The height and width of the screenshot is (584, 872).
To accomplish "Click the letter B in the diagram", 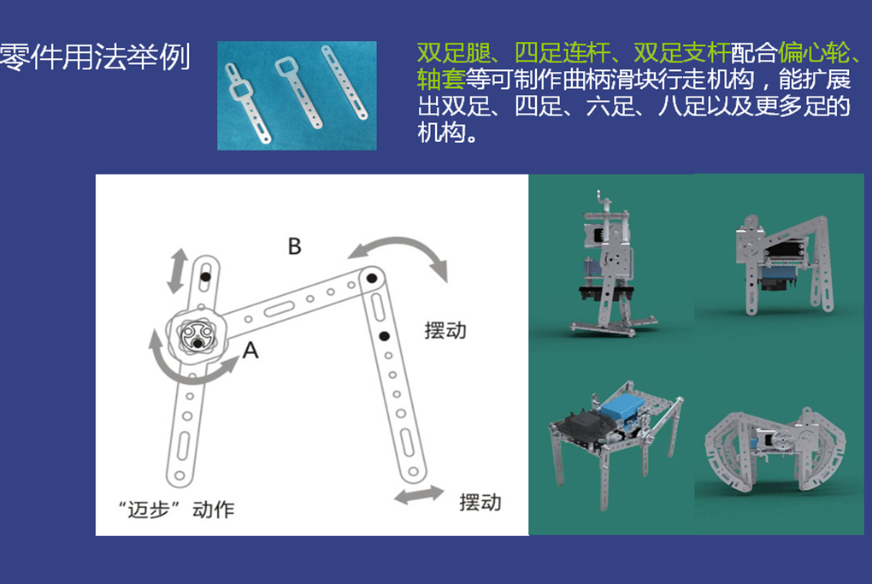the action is click(295, 246).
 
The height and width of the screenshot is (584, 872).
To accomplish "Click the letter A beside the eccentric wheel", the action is click(250, 350).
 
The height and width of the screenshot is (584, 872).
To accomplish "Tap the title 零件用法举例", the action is click(95, 56).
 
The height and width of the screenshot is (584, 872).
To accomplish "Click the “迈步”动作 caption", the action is click(176, 509).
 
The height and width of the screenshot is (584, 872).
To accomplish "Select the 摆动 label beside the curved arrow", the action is click(445, 330).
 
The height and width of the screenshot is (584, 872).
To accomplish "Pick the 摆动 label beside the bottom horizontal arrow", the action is click(480, 502).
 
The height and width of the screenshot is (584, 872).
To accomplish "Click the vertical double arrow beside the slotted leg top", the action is click(178, 271).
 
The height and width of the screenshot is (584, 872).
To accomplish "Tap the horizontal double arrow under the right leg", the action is click(419, 494).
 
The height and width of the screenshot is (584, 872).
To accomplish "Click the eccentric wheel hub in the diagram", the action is click(197, 336).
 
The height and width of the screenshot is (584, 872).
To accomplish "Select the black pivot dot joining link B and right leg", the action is click(372, 278).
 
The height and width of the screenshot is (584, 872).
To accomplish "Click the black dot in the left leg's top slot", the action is click(205, 276).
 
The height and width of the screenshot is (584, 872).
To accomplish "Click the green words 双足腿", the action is click(453, 53).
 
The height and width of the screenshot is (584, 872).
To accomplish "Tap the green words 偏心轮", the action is click(814, 53).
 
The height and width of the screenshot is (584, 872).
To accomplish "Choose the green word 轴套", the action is click(441, 79).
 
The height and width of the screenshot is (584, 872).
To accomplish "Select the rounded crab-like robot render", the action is click(775, 451).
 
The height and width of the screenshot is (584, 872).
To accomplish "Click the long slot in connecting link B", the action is click(280, 309).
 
